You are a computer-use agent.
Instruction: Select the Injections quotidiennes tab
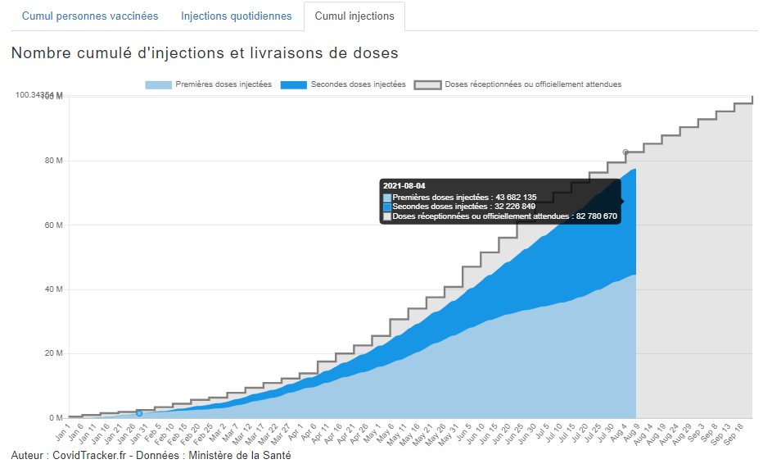[236, 16]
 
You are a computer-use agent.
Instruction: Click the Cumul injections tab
[354, 16]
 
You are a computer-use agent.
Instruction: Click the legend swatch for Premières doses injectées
[159, 84]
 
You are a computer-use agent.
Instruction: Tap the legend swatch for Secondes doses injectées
[293, 84]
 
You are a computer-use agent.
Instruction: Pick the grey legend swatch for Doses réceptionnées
[428, 84]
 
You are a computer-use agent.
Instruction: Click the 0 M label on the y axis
[55, 418]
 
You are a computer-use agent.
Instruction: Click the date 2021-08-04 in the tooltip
[404, 186]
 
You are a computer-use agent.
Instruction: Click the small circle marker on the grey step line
[625, 152]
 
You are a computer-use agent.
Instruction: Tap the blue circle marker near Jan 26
[139, 413]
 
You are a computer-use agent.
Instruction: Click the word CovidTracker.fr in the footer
[89, 455]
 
